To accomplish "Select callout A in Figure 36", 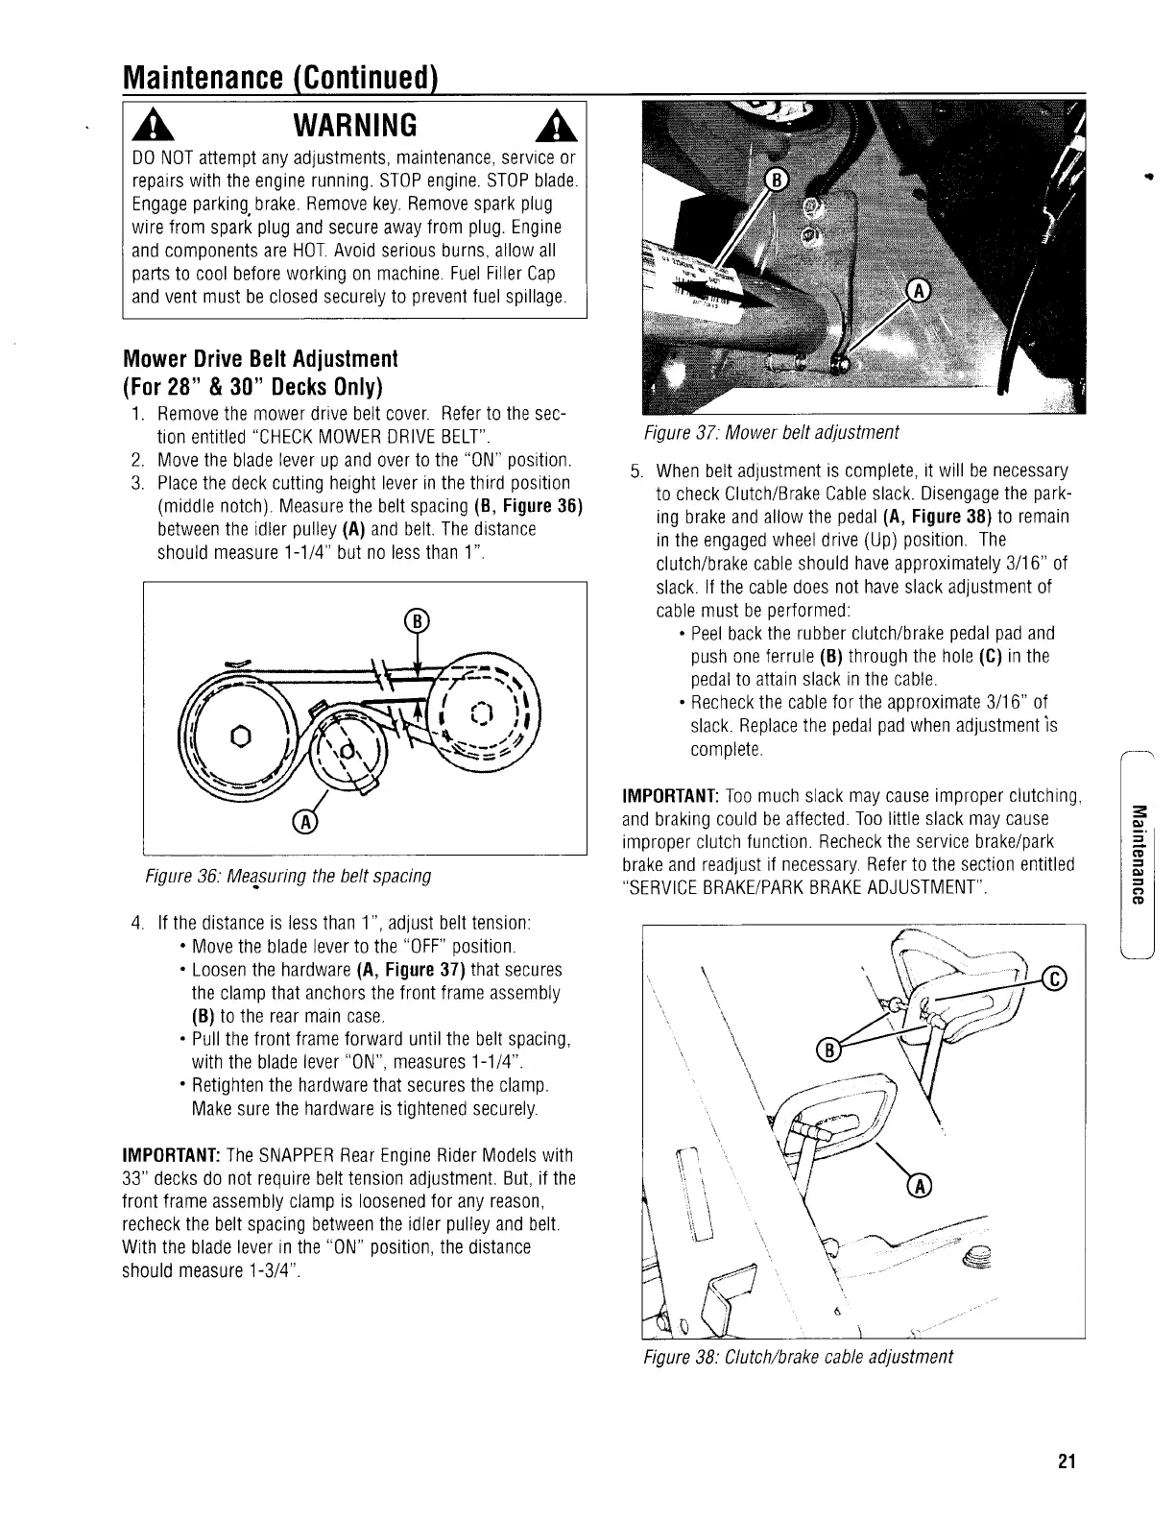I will [306, 823].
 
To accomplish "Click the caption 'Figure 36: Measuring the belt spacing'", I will [287, 876].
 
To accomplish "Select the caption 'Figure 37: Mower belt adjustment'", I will [771, 432].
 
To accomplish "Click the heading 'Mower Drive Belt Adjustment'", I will [260, 359].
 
